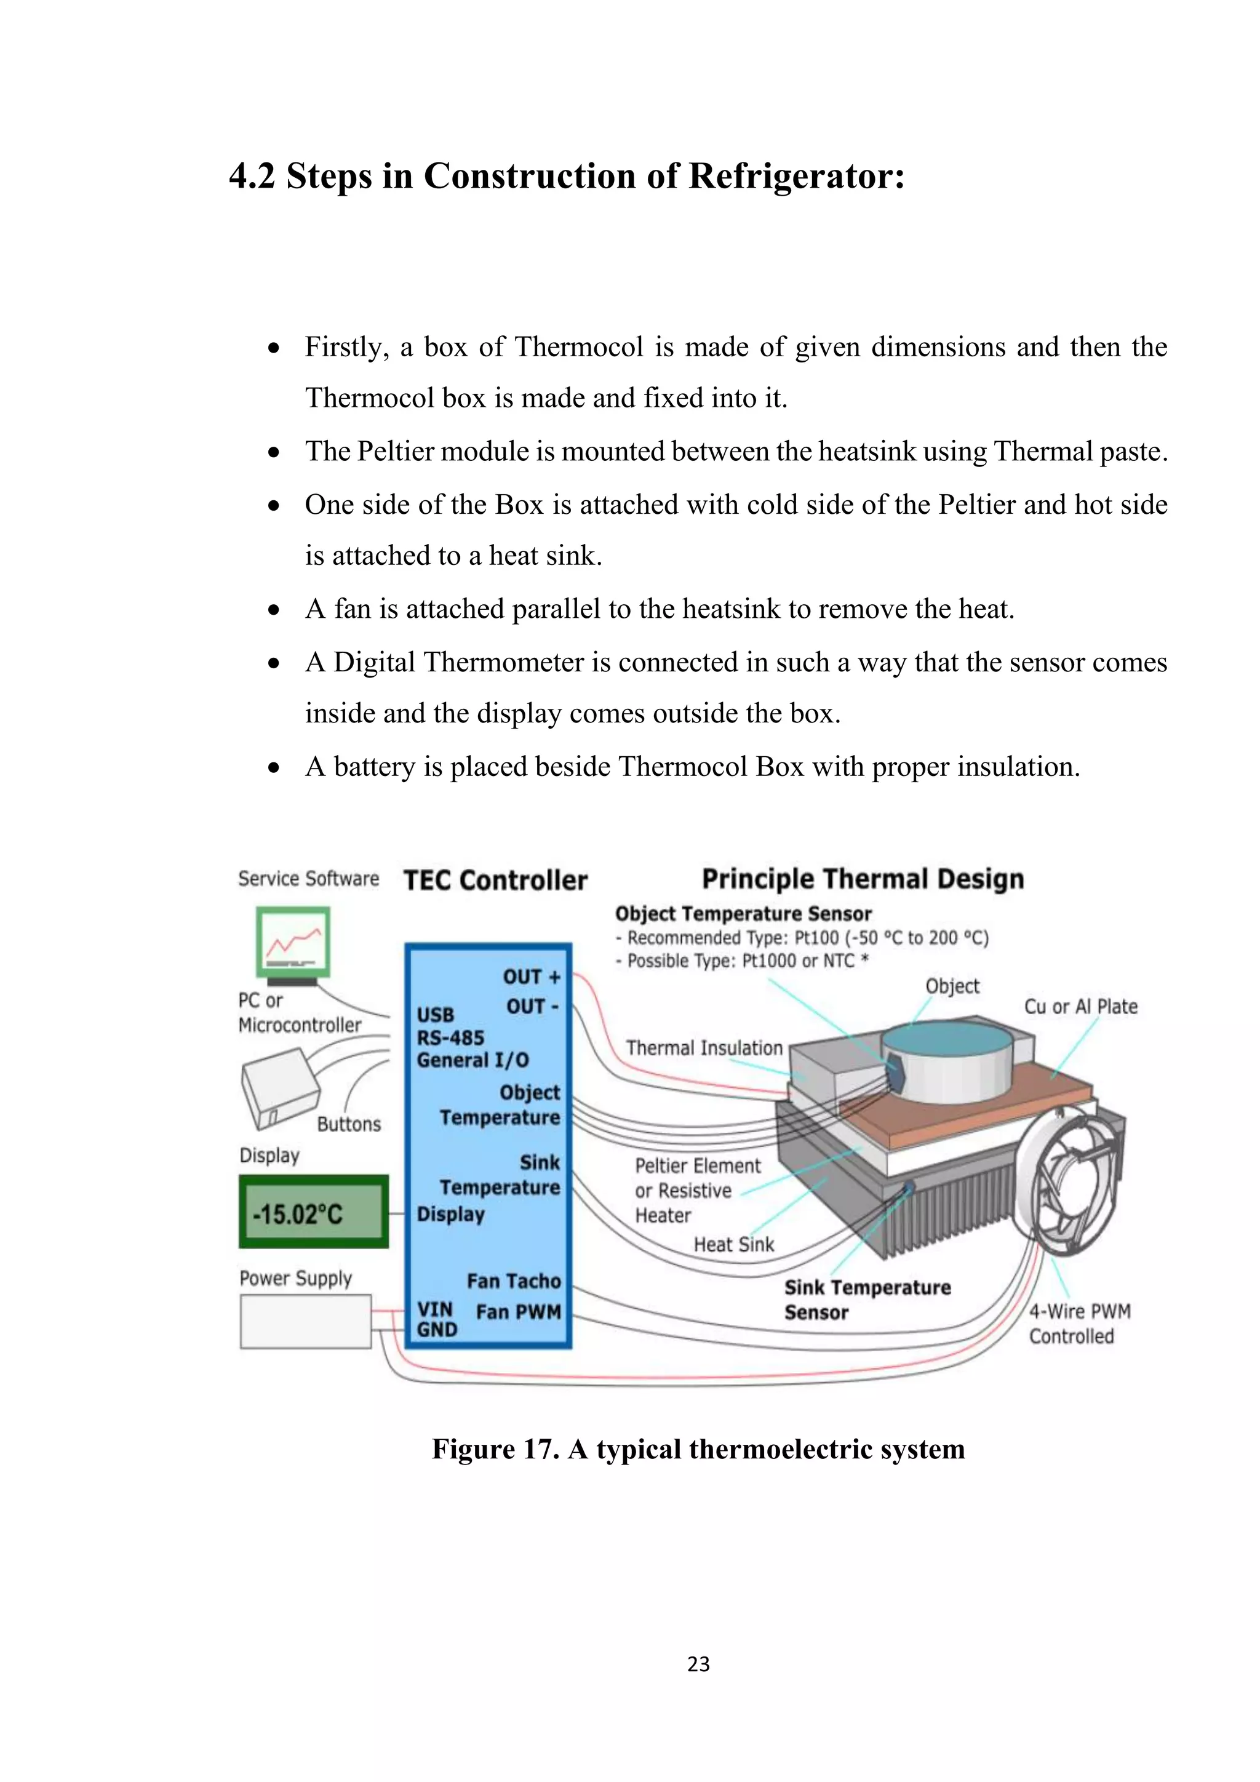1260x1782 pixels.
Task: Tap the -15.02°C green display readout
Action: click(313, 1212)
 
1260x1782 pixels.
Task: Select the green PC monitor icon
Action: click(293, 941)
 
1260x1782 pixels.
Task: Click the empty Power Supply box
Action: click(306, 1321)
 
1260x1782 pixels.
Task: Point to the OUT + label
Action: click(532, 977)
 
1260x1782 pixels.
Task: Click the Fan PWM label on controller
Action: click(518, 1312)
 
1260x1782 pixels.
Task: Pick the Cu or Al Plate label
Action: click(1081, 1007)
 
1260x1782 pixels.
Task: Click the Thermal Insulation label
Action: click(704, 1048)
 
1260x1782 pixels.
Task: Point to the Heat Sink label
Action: click(733, 1244)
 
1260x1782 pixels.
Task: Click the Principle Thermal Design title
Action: click(862, 879)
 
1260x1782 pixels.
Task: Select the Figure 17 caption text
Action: click(698, 1449)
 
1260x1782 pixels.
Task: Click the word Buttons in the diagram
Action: click(348, 1124)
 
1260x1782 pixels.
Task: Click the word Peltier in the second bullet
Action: click(396, 451)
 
